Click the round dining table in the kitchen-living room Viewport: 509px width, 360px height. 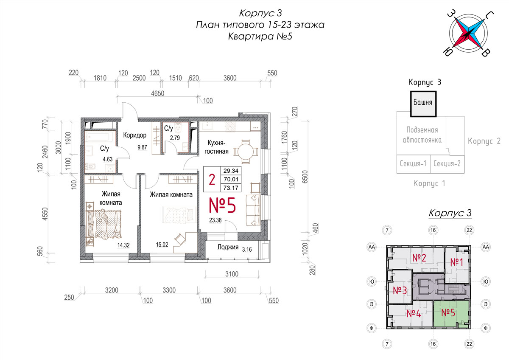click(x=246, y=152)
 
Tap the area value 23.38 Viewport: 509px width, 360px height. click(x=215, y=220)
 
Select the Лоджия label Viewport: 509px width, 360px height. click(x=228, y=247)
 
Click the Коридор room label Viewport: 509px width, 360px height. click(x=135, y=135)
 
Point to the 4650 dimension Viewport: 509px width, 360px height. click(x=157, y=93)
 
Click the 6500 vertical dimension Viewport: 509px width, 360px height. click(x=305, y=177)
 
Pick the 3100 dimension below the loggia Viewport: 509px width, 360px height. click(x=232, y=274)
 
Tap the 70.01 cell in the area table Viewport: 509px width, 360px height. click(x=231, y=179)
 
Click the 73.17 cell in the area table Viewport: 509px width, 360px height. click(x=231, y=188)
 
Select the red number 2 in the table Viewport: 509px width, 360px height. click(x=212, y=180)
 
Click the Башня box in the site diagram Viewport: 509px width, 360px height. click(x=423, y=104)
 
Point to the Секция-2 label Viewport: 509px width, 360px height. click(x=447, y=163)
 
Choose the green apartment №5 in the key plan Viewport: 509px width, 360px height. click(x=451, y=313)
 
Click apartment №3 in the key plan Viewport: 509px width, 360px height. click(x=400, y=287)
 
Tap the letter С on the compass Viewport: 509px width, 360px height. click(x=489, y=15)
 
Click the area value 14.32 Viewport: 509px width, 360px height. click(x=123, y=245)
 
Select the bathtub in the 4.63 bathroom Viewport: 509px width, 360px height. click(x=100, y=138)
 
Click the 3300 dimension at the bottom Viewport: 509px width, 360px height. click(x=169, y=290)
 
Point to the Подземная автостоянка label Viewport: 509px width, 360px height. click(x=422, y=135)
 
